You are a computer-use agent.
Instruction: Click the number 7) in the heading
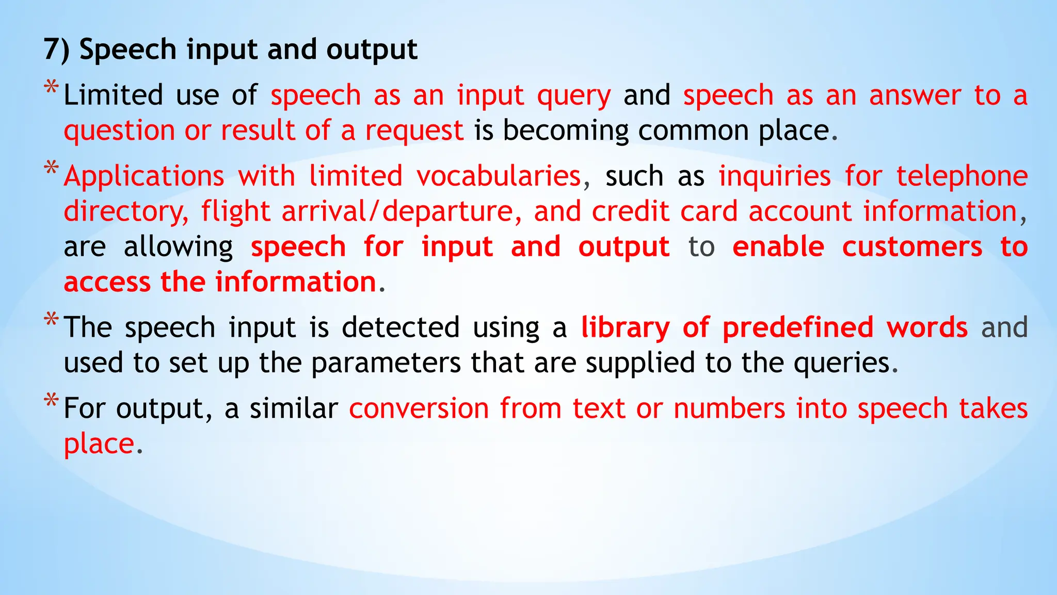(56, 50)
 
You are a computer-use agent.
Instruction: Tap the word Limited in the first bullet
(113, 96)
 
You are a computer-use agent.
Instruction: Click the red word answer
(915, 96)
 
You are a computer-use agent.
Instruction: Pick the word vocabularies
(499, 176)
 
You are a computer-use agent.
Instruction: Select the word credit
(630, 212)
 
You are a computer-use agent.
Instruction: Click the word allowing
(178, 247)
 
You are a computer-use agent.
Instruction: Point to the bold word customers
(912, 247)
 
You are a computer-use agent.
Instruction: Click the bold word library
(625, 328)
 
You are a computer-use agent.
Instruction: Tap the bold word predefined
(797, 328)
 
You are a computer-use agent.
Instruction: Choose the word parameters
(386, 363)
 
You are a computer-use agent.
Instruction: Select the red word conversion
(419, 409)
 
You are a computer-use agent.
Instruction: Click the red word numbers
(729, 409)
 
